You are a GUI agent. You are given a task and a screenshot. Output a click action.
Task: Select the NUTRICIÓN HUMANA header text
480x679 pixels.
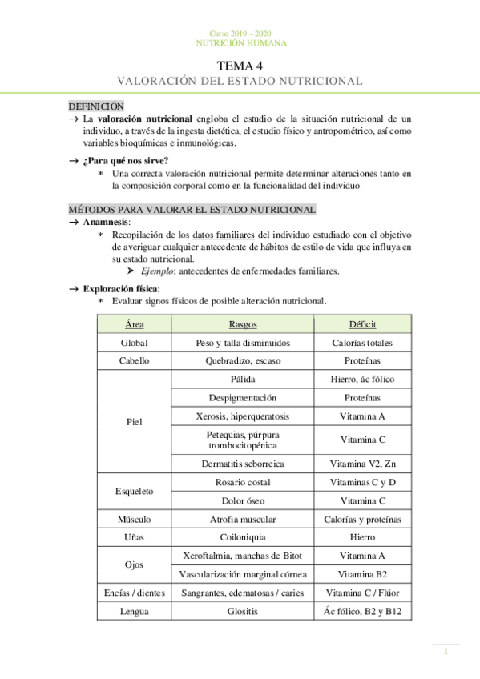tap(240, 43)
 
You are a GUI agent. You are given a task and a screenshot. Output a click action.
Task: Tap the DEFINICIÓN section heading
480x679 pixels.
tap(96, 105)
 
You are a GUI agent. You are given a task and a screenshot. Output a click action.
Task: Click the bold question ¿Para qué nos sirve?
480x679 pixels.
tap(119, 159)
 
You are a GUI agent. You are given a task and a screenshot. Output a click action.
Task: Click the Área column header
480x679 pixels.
tap(135, 324)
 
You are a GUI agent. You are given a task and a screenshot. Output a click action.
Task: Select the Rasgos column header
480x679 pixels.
tap(242, 324)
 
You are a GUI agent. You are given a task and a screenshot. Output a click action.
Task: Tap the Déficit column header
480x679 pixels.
tap(362, 324)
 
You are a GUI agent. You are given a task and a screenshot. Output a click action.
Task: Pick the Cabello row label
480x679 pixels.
tap(135, 360)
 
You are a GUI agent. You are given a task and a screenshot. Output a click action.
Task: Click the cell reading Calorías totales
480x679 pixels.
tap(362, 343)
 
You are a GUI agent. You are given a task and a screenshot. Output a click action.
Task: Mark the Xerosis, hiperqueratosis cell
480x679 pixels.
tap(242, 416)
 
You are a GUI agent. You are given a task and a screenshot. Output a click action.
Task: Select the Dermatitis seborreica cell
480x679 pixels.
tap(242, 464)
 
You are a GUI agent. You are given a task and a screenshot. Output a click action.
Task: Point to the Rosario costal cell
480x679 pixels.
tap(242, 482)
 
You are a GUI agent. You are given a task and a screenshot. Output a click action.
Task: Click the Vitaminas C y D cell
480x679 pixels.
tap(362, 482)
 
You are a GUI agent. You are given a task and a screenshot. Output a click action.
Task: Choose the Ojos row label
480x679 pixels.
tap(135, 564)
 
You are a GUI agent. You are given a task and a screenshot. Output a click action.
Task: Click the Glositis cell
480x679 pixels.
tap(242, 612)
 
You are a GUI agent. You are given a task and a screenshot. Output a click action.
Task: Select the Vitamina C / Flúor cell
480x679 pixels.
tap(362, 593)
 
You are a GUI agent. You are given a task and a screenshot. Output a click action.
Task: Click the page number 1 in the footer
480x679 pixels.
tap(446, 652)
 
